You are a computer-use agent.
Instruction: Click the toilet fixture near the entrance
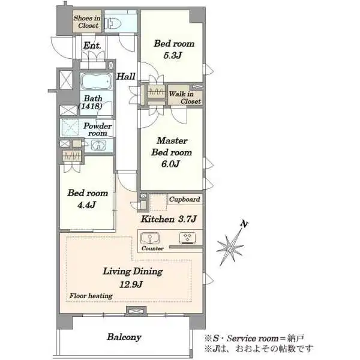point(113,23)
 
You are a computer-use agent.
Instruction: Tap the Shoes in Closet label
point(87,22)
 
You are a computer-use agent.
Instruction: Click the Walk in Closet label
point(185,98)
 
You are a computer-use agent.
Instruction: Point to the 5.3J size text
point(172,55)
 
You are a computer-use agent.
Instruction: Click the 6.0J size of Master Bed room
point(170,164)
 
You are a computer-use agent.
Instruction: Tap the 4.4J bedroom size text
point(86,205)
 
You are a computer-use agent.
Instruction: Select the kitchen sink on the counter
point(149,238)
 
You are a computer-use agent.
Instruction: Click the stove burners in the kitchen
point(188,238)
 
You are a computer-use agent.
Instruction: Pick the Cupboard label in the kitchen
point(185,199)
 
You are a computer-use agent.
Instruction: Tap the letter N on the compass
point(244,224)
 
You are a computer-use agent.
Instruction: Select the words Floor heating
point(91,296)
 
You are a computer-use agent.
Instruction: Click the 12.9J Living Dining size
point(131,284)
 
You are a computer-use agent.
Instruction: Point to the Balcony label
point(124,337)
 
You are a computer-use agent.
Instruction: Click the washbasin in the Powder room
point(99,145)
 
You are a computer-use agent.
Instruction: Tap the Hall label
point(126,76)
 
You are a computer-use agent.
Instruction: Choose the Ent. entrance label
point(92,46)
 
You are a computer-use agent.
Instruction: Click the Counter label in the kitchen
point(152,248)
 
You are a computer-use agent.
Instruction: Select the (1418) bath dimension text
point(90,106)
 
